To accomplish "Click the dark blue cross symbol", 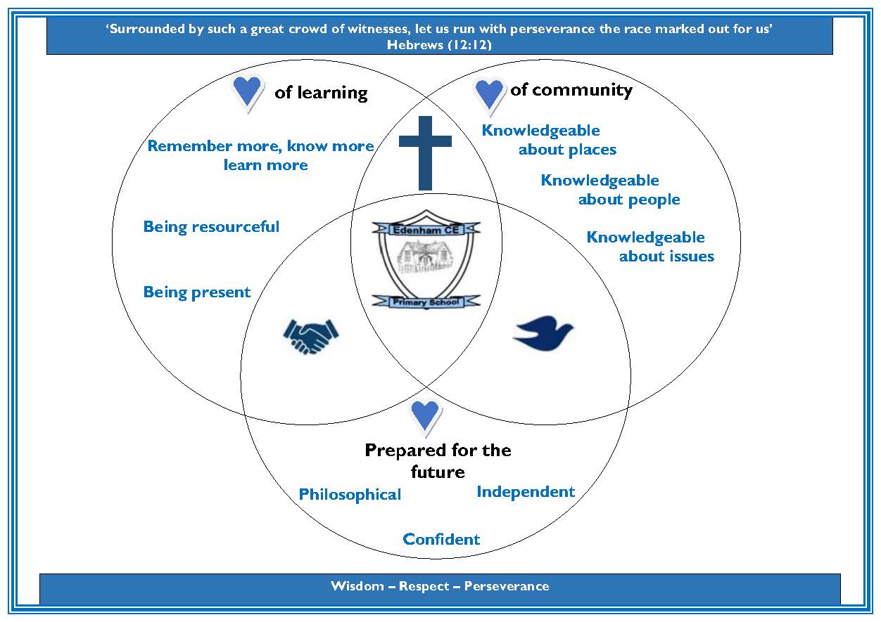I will (425, 152).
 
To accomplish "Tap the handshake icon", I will (310, 336).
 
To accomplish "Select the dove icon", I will (543, 333).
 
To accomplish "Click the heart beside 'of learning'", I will (247, 91).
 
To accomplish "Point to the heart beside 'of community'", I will (490, 93).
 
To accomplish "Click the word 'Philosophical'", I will (350, 495).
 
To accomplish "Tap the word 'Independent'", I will (526, 492).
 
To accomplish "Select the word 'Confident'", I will (441, 540).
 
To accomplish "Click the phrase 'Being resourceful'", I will (211, 227).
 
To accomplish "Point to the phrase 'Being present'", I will (197, 292).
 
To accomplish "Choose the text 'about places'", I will (567, 150).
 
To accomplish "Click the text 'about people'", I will (629, 200).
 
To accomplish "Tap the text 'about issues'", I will (666, 257).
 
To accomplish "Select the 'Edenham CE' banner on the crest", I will (426, 228).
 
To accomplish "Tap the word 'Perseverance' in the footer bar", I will (507, 586).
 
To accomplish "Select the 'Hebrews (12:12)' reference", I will (439, 44).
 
